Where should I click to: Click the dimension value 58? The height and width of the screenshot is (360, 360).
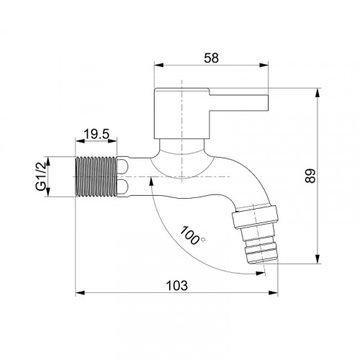[x=211, y=58]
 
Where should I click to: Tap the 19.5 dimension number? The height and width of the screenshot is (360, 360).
[x=96, y=134]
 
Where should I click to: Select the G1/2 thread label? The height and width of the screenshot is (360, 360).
[x=41, y=176]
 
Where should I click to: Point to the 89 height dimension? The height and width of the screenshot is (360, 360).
[x=310, y=176]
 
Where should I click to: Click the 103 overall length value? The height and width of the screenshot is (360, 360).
[x=177, y=286]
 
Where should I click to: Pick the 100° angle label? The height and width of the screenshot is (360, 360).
[x=192, y=235]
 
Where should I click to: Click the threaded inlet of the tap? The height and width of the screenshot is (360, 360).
[x=96, y=176]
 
